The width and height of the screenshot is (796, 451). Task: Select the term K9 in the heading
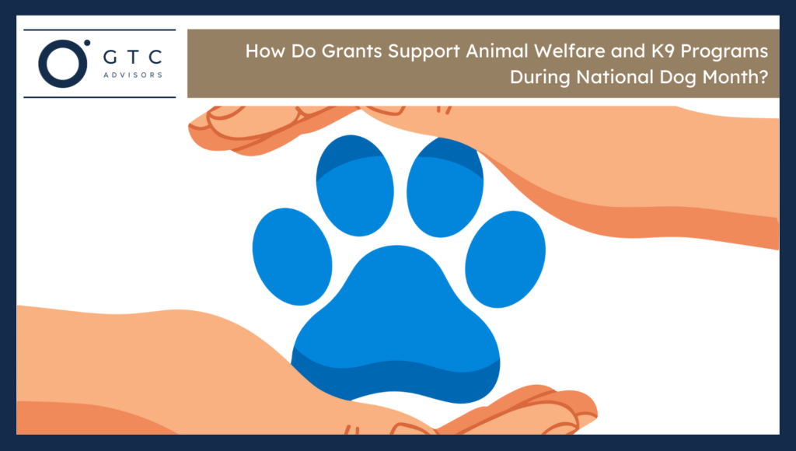[623, 52]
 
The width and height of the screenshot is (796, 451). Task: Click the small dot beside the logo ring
[87, 42]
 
